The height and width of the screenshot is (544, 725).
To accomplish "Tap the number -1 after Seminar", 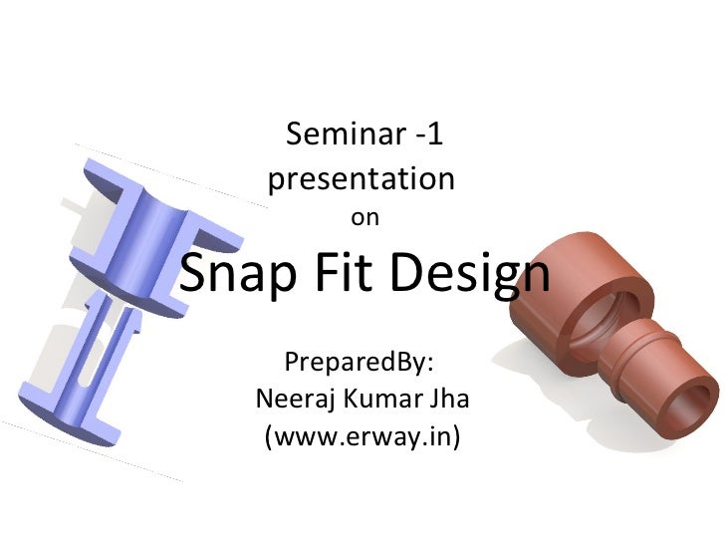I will click(421, 133).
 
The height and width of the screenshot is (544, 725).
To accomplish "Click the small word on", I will click(364, 217).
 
